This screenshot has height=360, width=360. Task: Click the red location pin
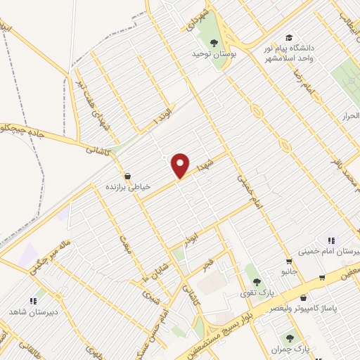[181, 165]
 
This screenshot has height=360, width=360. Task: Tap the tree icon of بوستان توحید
[214, 43]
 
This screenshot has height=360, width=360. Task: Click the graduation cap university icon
[288, 37]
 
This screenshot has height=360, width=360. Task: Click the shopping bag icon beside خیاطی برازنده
[127, 176]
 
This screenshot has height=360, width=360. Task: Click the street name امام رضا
[305, 83]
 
